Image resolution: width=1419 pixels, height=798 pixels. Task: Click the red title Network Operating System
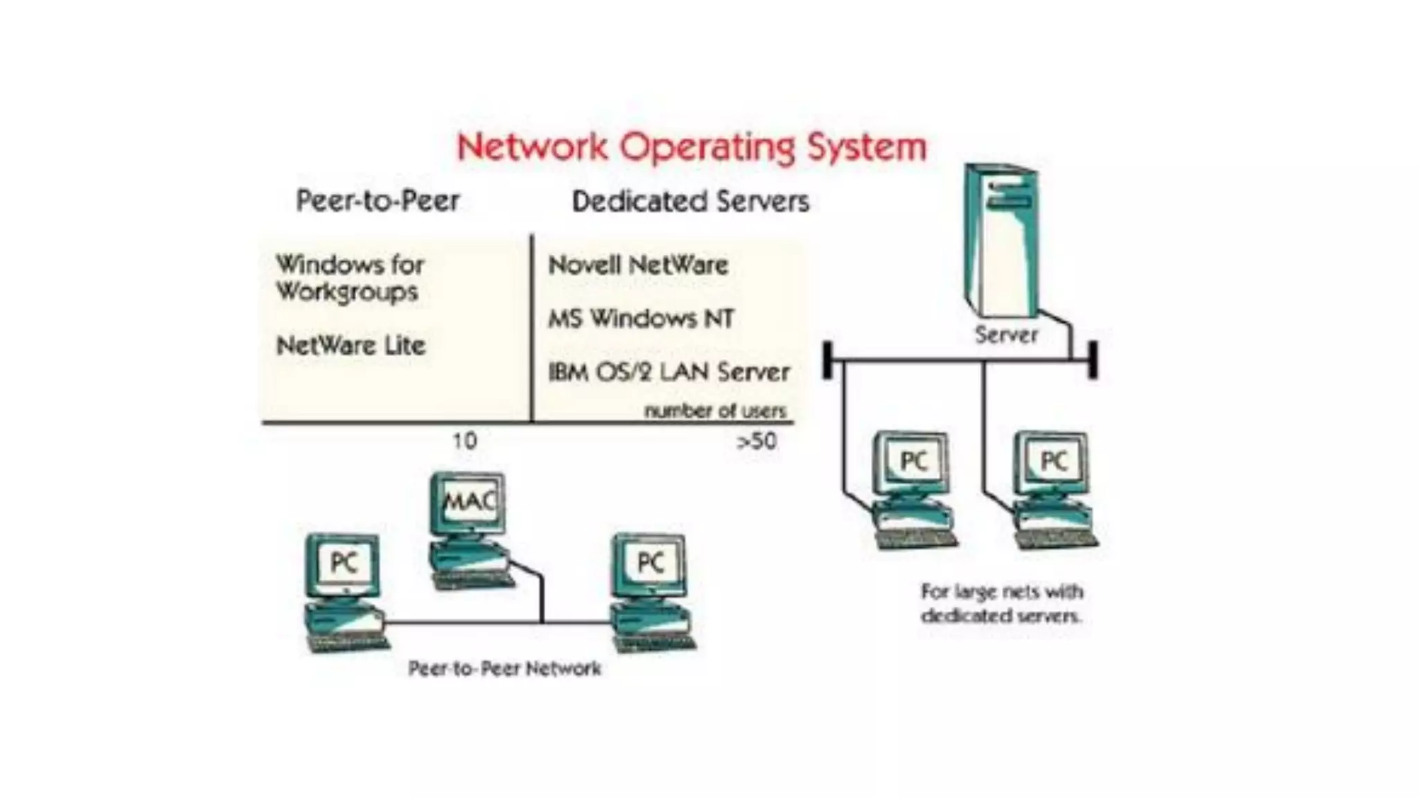click(x=691, y=148)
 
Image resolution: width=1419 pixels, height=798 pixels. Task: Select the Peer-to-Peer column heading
click(x=378, y=201)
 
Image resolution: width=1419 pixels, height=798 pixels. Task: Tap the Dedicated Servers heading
click(x=690, y=202)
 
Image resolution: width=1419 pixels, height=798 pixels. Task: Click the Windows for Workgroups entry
click(x=349, y=278)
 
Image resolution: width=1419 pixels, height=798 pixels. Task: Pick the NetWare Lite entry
click(x=351, y=346)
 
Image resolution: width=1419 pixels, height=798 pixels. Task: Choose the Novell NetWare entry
click(x=638, y=265)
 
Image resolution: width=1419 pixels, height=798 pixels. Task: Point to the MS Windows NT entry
click(x=641, y=319)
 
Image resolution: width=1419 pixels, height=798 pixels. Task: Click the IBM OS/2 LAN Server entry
click(x=669, y=372)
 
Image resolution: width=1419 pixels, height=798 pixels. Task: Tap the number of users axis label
click(x=715, y=411)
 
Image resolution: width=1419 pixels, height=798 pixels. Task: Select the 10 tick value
click(x=464, y=441)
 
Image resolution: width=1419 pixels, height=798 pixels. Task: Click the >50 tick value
click(x=757, y=441)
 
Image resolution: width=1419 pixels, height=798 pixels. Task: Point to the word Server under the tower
click(x=1006, y=335)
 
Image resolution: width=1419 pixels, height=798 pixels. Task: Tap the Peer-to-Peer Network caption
click(x=504, y=668)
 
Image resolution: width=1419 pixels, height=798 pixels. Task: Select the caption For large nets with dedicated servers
click(x=1001, y=603)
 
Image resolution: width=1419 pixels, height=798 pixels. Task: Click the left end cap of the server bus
click(x=827, y=360)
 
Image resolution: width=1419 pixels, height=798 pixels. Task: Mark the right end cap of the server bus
click(x=1093, y=360)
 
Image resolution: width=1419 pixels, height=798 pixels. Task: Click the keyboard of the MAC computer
click(x=475, y=581)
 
